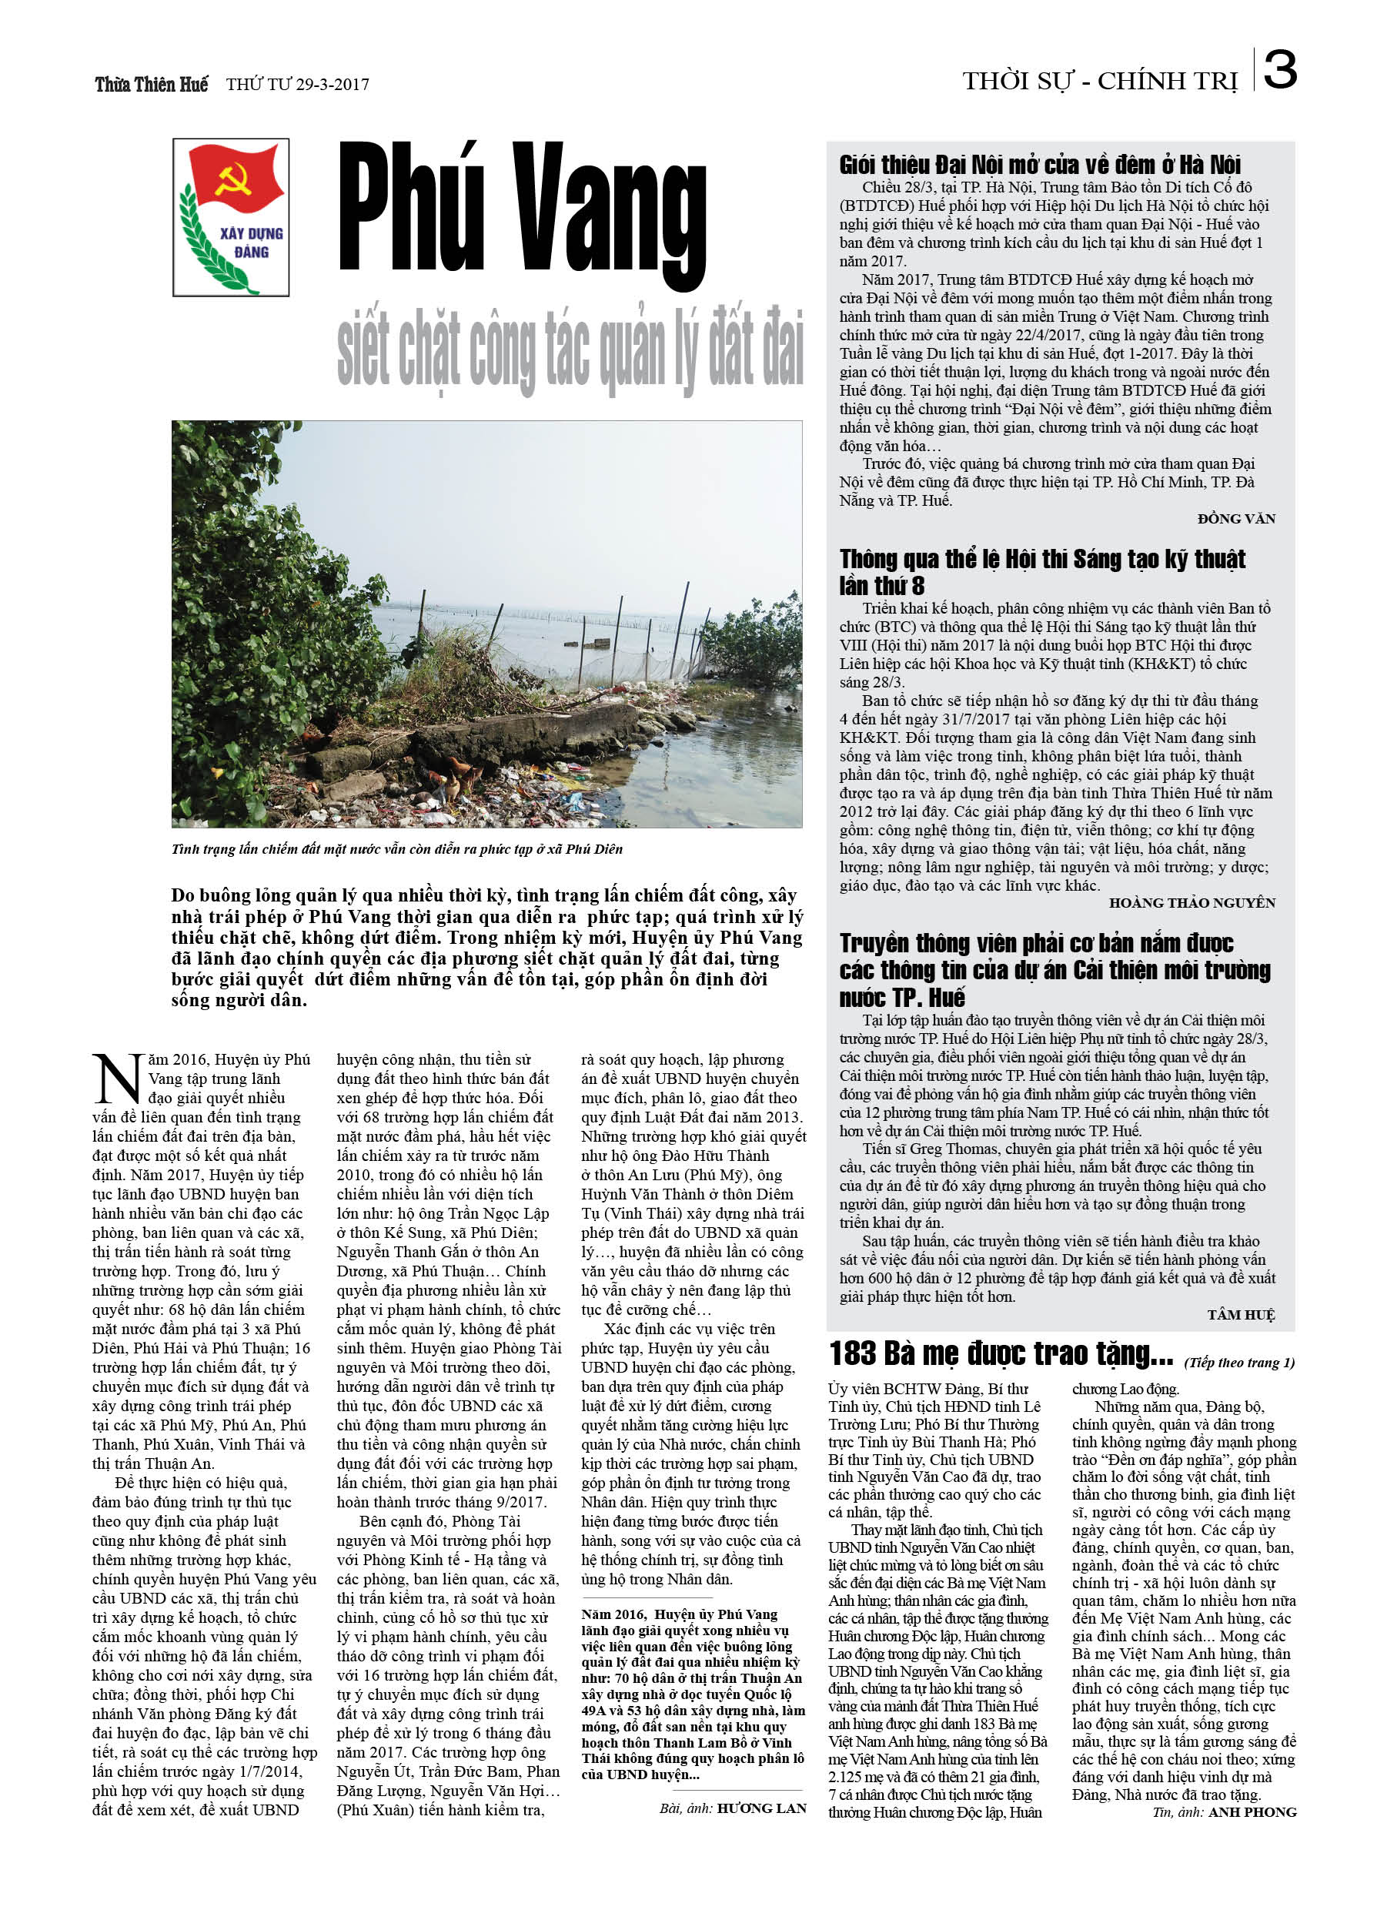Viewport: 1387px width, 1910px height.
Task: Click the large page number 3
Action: click(1280, 70)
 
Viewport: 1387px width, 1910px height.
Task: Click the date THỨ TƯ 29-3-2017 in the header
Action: click(297, 84)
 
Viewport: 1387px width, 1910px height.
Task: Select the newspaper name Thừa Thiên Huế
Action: click(152, 84)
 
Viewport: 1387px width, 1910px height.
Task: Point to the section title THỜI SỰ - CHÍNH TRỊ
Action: click(1100, 82)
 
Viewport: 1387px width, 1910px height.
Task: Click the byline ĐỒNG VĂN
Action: click(1235, 519)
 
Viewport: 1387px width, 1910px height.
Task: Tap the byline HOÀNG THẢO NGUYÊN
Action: click(1191, 903)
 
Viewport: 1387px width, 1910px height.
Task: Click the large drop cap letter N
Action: click(116, 1078)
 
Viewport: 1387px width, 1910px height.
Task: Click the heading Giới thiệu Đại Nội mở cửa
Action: click(1039, 164)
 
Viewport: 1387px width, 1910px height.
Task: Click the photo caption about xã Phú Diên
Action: click(396, 849)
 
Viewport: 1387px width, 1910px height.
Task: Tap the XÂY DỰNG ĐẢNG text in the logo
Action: click(251, 243)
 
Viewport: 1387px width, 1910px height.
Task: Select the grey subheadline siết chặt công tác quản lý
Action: click(570, 350)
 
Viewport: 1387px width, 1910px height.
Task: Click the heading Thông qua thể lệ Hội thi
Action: click(1041, 571)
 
